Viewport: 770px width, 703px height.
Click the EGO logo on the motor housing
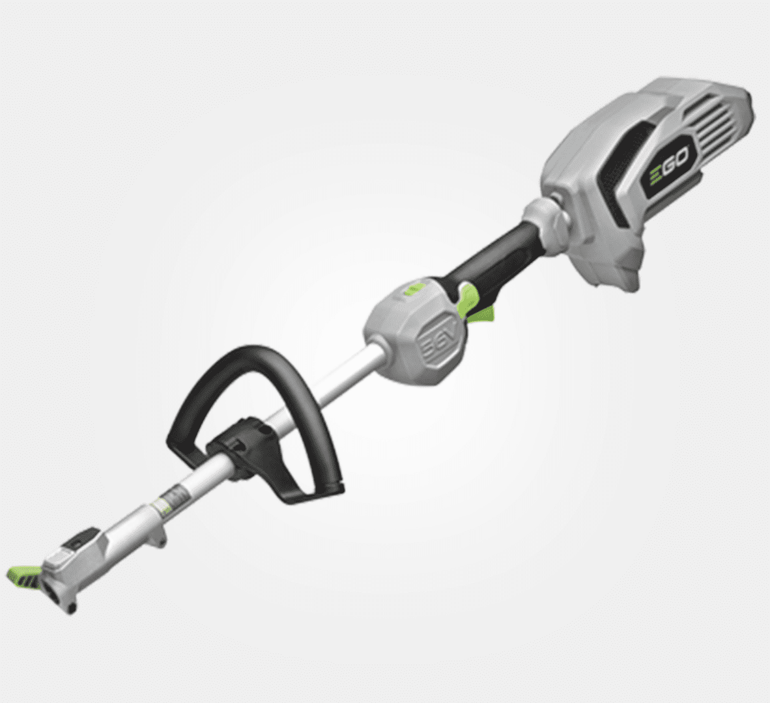point(670,163)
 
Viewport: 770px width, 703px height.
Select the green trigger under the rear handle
point(479,314)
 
